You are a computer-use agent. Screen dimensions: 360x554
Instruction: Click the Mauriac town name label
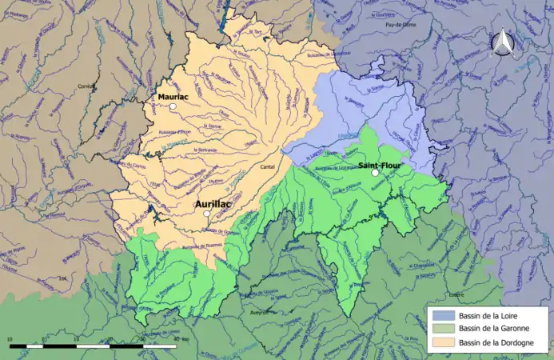click(173, 97)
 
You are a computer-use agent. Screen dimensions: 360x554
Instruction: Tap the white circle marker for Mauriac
click(173, 106)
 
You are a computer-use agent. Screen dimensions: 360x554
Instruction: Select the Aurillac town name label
click(213, 204)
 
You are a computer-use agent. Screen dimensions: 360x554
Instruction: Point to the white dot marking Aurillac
click(207, 214)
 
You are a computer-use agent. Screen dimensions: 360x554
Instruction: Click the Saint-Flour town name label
click(380, 166)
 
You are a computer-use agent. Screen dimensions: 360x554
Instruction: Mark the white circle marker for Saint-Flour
click(375, 173)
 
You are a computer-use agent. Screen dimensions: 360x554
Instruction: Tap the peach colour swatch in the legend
click(441, 342)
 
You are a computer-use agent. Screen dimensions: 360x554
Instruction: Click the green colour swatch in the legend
click(441, 329)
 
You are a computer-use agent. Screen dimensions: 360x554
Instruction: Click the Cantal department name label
click(269, 167)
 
